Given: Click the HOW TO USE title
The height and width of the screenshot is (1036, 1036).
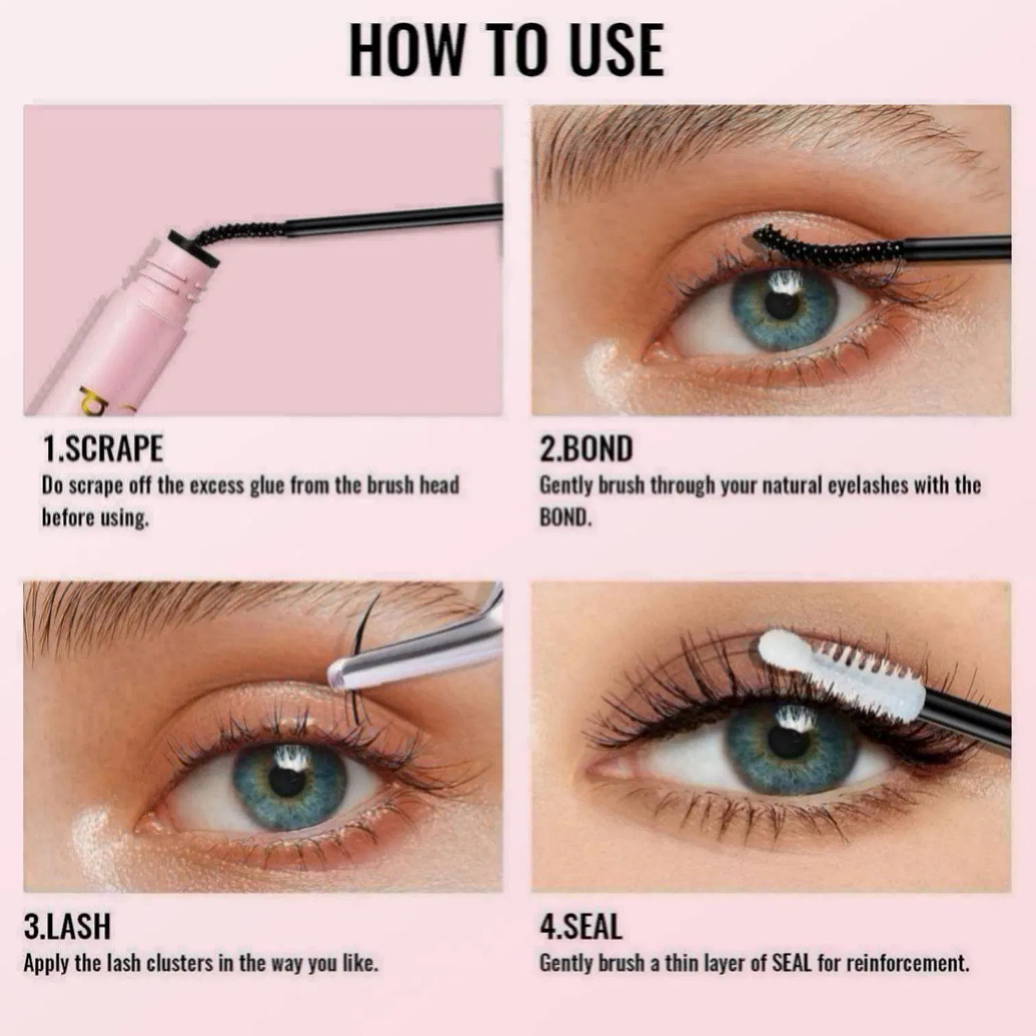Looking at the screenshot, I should pyautogui.click(x=506, y=49).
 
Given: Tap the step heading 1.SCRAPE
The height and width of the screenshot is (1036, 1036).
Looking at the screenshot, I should pyautogui.click(x=103, y=449).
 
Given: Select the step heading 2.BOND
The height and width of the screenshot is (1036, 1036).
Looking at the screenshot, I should pyautogui.click(x=586, y=449).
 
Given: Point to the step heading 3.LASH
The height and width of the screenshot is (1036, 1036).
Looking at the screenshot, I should pyautogui.click(x=66, y=926).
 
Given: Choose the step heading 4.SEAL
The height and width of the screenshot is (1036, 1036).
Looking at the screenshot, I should pyautogui.click(x=581, y=926).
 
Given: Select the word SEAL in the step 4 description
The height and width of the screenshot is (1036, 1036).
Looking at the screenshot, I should pyautogui.click(x=791, y=963).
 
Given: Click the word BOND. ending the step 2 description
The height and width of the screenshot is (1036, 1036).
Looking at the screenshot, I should pyautogui.click(x=565, y=517).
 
